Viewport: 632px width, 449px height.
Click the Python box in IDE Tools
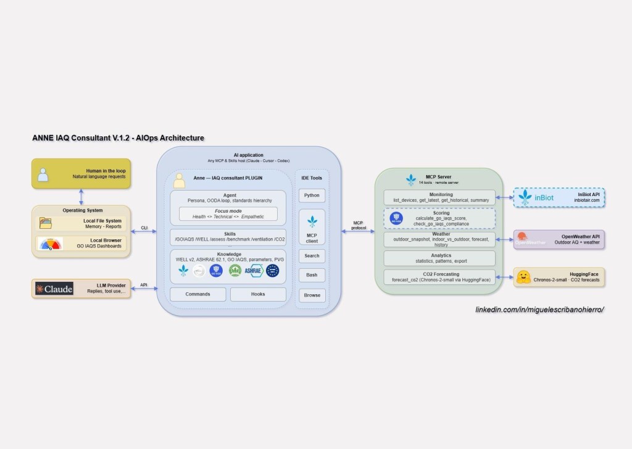[312, 196]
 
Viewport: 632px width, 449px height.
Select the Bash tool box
[312, 275]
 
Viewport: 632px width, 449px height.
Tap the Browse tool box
[312, 295]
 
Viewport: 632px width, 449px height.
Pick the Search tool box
[312, 255]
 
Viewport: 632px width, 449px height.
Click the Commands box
[197, 294]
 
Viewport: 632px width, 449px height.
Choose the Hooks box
[258, 294]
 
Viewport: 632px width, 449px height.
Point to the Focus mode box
[228, 213]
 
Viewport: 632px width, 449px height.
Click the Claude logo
[54, 289]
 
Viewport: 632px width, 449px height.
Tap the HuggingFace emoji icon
[524, 277]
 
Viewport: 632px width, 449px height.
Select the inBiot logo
[535, 198]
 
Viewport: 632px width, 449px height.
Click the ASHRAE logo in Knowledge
[254, 270]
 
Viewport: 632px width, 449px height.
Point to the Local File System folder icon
[46, 223]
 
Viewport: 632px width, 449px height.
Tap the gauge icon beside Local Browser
[50, 244]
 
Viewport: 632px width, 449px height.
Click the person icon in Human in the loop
[43, 175]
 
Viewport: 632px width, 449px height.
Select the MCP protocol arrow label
[358, 226]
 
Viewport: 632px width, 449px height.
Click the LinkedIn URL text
[539, 308]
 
